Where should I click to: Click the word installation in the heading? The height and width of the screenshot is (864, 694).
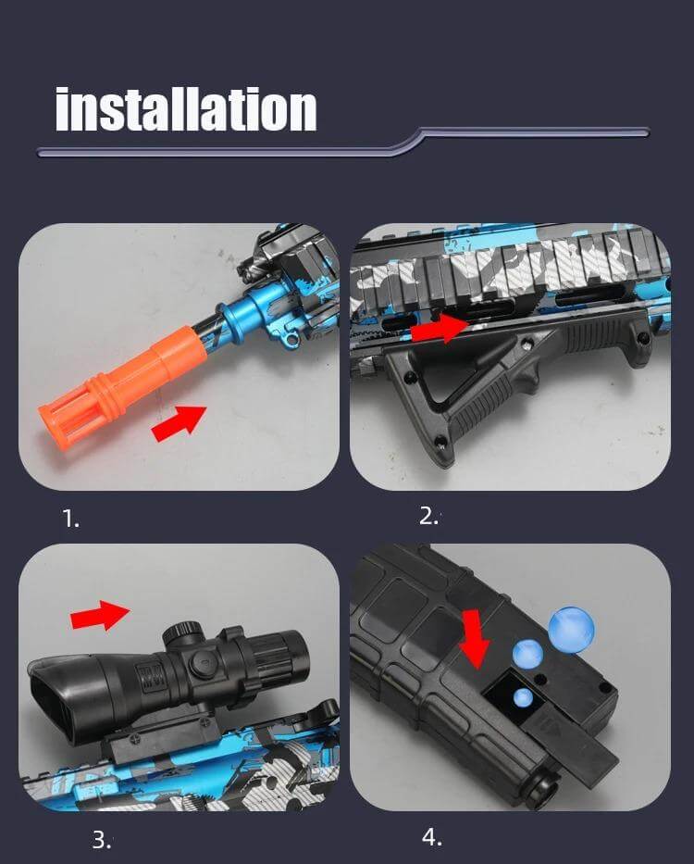tap(185, 108)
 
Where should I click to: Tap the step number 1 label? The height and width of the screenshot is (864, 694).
tap(71, 520)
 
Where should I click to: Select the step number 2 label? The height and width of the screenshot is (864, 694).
tap(428, 517)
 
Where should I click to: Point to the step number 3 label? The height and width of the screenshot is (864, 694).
tap(101, 840)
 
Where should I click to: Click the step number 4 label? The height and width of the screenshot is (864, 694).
tap(431, 837)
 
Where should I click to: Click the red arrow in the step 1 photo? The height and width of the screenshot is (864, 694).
tap(178, 422)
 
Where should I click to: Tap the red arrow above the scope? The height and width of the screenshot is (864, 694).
tap(101, 614)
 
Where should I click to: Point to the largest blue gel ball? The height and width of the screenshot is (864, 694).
tap(571, 630)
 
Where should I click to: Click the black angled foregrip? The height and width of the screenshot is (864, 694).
tap(481, 380)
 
